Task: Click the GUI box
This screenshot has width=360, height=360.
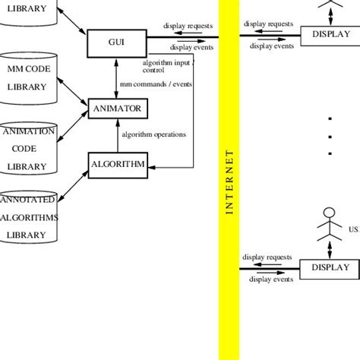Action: [116, 43]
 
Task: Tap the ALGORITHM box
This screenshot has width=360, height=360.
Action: [116, 163]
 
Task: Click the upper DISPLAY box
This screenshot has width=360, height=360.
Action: [330, 34]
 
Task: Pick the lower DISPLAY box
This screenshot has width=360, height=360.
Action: [330, 267]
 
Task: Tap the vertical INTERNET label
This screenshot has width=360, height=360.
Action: [229, 182]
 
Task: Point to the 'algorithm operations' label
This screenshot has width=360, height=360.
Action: [155, 135]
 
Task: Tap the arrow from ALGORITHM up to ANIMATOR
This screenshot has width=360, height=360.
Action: [115, 136]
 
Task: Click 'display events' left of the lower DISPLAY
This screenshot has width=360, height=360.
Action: [272, 279]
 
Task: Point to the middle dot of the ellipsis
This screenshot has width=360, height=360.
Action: [330, 136]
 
